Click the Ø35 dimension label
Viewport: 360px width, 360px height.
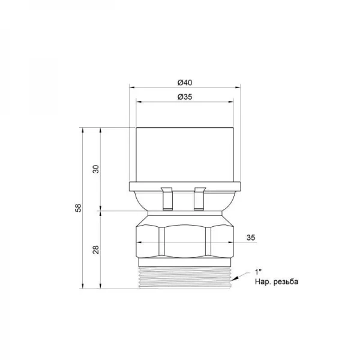click(184, 96)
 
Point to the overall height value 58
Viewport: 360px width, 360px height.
click(78, 208)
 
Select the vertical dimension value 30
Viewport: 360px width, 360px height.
click(95, 169)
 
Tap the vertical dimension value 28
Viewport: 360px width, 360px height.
click(95, 250)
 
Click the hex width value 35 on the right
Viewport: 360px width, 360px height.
click(251, 238)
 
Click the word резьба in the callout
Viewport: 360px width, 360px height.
click(284, 281)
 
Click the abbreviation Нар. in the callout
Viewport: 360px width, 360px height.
click(263, 281)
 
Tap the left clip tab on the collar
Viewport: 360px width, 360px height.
click(167, 198)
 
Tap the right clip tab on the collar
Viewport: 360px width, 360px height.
click(200, 198)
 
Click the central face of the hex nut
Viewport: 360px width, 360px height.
click(184, 240)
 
